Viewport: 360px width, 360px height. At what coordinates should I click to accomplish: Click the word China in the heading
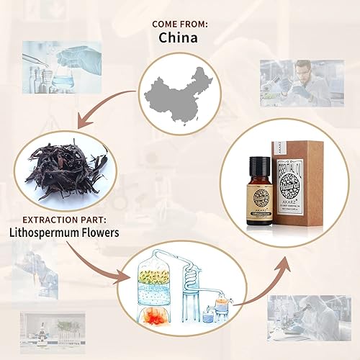(x=179, y=37)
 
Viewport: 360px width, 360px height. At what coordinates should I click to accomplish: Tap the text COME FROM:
(x=179, y=24)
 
